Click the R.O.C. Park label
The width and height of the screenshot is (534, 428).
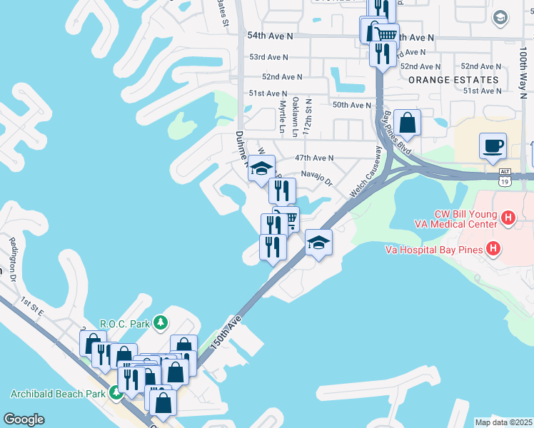(x=125, y=324)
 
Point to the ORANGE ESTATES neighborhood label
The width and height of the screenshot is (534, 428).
(x=453, y=80)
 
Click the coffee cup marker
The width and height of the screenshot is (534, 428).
(x=493, y=146)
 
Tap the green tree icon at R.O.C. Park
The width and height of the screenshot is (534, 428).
(x=161, y=324)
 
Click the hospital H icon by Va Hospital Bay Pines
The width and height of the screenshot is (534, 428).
(x=493, y=249)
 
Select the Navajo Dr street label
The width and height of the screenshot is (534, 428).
(x=317, y=177)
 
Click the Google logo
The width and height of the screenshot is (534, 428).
(x=24, y=419)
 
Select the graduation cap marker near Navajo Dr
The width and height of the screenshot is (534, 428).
(x=262, y=168)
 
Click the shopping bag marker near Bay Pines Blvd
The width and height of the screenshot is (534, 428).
(x=407, y=122)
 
